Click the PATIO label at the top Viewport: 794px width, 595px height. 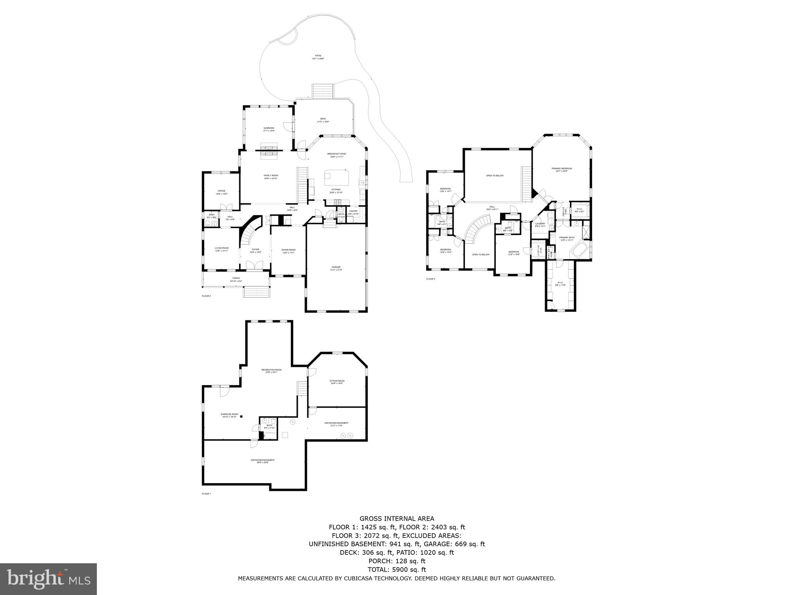tap(318, 56)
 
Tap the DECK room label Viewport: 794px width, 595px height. tap(323, 119)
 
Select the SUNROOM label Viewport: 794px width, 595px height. tap(269, 128)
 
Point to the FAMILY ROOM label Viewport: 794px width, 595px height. tap(271, 175)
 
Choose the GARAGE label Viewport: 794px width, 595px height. tap(336, 267)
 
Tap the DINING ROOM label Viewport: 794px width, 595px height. tap(288, 250)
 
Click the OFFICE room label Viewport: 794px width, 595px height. tap(221, 191)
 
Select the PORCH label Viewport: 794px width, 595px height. tap(236, 278)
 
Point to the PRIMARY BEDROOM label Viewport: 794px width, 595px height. tap(561, 169)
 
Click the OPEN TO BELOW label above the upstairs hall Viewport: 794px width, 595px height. tap(495, 175)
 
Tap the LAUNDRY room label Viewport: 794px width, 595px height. tap(540, 224)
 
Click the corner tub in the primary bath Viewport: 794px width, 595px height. tap(579, 251)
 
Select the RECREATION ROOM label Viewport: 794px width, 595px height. tap(271, 370)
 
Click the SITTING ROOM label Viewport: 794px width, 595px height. tap(337, 381)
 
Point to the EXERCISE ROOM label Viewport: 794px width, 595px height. tap(230, 414)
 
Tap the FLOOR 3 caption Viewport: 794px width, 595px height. tap(430, 279)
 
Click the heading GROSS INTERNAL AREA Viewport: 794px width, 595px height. tap(397, 519)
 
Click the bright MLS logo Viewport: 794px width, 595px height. tap(48, 579)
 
